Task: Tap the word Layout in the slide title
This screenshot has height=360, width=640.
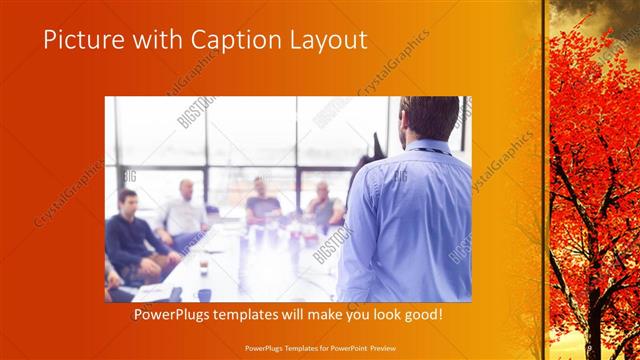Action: point(325,40)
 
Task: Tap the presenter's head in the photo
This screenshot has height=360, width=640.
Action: point(428,118)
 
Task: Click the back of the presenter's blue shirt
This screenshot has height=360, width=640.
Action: point(420,220)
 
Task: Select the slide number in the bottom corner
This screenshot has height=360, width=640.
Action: point(590,347)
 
